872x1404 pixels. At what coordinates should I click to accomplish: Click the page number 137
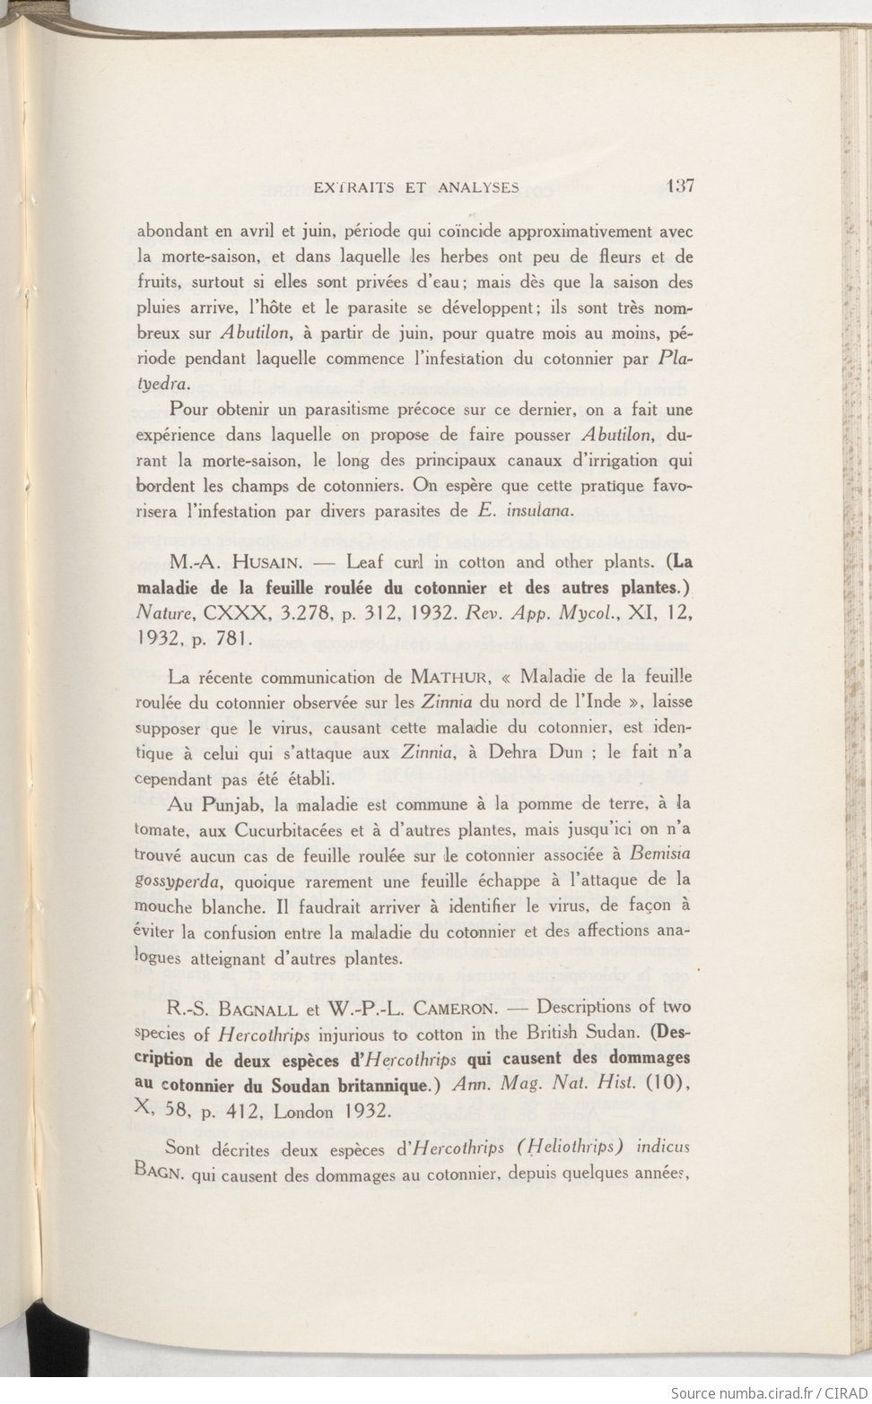click(x=680, y=186)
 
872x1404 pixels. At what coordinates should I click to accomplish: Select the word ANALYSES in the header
click(x=480, y=187)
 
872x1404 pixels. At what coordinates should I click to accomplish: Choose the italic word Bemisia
click(x=660, y=854)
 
